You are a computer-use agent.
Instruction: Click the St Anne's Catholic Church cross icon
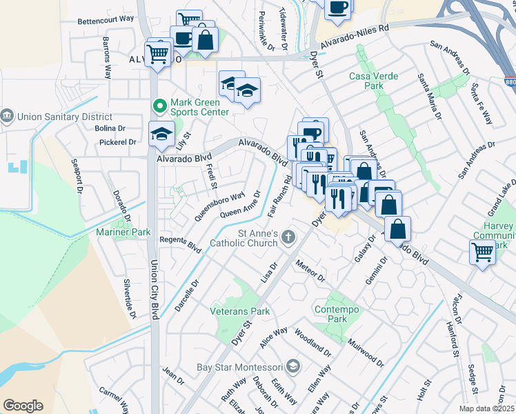[x=288, y=239]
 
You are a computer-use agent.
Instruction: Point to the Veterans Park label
[x=240, y=311]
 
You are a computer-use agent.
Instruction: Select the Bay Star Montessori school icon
[x=292, y=365]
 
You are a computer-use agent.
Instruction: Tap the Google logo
[x=23, y=406]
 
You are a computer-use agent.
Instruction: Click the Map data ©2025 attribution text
[x=487, y=408]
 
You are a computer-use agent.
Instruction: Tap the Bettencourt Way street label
[x=106, y=21]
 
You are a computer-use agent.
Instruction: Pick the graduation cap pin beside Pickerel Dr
[x=161, y=134]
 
